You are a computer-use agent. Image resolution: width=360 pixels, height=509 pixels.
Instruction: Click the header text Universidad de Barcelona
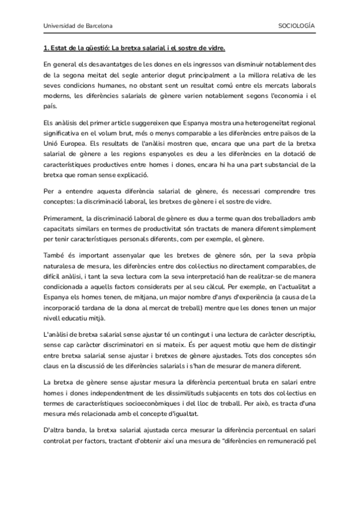click(77, 27)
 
